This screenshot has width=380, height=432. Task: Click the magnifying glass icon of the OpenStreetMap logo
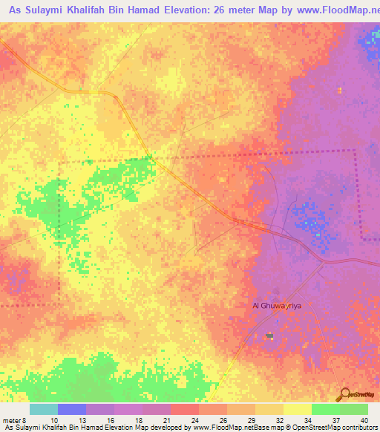tap(343, 394)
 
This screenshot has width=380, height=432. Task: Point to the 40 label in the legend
tap(363, 419)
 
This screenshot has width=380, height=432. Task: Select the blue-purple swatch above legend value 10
tap(72, 409)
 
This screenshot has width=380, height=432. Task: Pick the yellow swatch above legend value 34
tap(297, 409)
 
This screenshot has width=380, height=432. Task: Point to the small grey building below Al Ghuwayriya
tap(269, 336)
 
